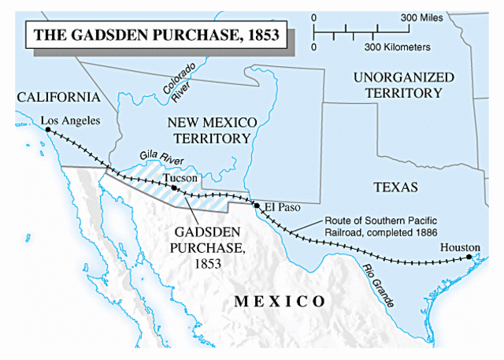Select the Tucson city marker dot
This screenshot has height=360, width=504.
174,188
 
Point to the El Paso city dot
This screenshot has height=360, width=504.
257,205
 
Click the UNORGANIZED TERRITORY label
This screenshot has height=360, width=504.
403,85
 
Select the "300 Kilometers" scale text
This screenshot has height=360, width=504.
397,47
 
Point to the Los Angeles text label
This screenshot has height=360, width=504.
71,121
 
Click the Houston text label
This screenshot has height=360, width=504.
460,247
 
